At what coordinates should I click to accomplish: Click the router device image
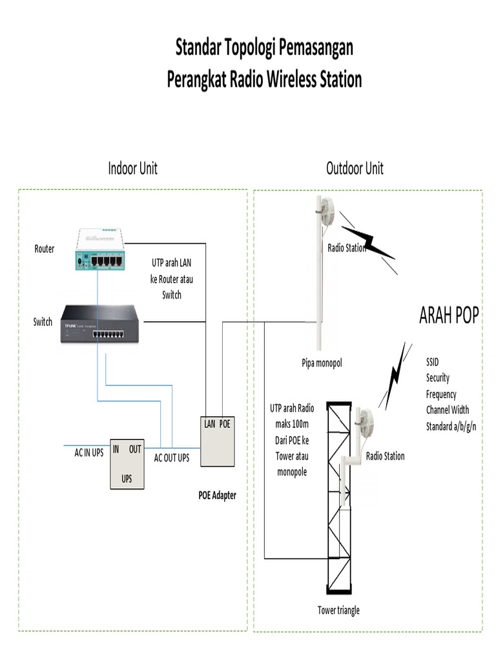101,249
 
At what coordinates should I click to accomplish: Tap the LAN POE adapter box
218,441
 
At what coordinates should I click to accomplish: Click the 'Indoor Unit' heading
132,169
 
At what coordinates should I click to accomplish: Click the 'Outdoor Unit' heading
355,169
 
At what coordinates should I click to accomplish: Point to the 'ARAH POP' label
449,315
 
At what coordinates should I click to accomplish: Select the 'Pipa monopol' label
321,363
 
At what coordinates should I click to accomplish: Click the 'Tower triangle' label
338,610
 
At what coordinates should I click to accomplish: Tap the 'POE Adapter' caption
217,495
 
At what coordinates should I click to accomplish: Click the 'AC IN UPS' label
88,453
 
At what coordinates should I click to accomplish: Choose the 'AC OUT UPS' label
171,458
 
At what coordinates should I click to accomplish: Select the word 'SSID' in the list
432,362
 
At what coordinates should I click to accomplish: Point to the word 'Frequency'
441,394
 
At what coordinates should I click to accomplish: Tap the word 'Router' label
45,249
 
